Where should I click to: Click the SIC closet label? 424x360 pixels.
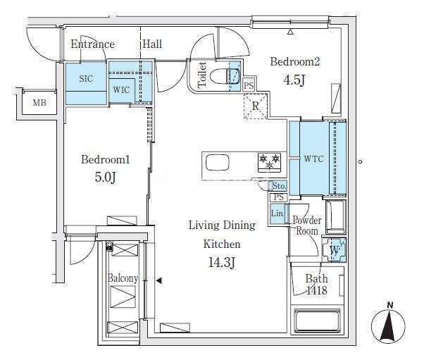pyautogui.click(x=86, y=79)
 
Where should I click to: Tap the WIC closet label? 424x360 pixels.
pyautogui.click(x=121, y=89)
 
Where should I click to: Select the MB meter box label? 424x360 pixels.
pyautogui.click(x=39, y=103)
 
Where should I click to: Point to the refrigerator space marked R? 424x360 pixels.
pyautogui.click(x=256, y=106)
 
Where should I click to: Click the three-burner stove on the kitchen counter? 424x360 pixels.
pyautogui.click(x=269, y=162)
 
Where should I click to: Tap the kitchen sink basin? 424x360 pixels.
pyautogui.click(x=218, y=162)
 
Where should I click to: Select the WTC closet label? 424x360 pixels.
pyautogui.click(x=313, y=159)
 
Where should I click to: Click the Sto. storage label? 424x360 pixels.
pyautogui.click(x=279, y=186)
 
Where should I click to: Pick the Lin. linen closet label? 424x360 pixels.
pyautogui.click(x=278, y=213)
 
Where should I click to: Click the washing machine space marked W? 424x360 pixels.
pyautogui.click(x=335, y=249)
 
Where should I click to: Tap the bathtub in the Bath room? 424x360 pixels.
pyautogui.click(x=317, y=321)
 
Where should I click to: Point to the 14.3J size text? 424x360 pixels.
pyautogui.click(x=222, y=262)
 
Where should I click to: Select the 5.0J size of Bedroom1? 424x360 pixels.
pyautogui.click(x=106, y=177)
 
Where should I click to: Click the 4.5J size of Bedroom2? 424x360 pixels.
pyautogui.click(x=294, y=80)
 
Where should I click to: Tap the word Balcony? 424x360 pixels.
pyautogui.click(x=123, y=278)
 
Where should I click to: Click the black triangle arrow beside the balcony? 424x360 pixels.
pyautogui.click(x=159, y=280)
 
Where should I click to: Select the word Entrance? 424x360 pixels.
pyautogui.click(x=93, y=44)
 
